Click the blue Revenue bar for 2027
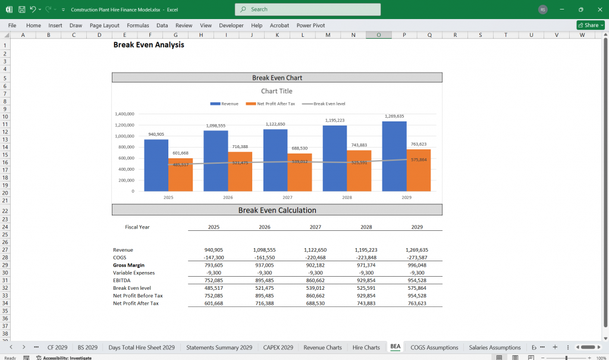pyautogui.click(x=275, y=161)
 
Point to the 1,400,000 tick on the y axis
pyautogui.click(x=124, y=114)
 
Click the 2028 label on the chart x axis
pyautogui.click(x=347, y=197)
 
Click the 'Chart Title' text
pyautogui.click(x=277, y=91)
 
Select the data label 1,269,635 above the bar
pyautogui.click(x=394, y=117)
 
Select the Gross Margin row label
pyautogui.click(x=129, y=265)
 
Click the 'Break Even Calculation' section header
pyautogui.click(x=277, y=210)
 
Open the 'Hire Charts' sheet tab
pyautogui.click(x=366, y=348)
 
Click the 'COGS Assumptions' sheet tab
pyautogui.click(x=434, y=348)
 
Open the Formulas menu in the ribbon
pyautogui.click(x=138, y=26)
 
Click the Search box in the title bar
pyautogui.click(x=307, y=10)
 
